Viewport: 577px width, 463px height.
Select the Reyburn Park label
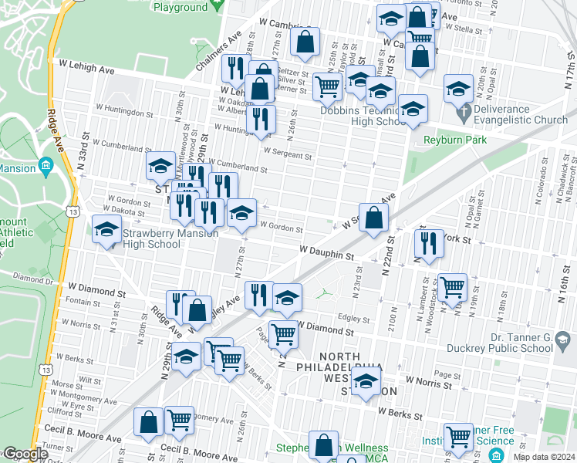click(x=455, y=140)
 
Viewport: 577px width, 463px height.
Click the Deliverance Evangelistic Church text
click(x=521, y=114)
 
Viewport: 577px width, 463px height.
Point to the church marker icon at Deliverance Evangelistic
click(x=463, y=115)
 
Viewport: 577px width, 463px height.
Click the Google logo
click(x=25, y=455)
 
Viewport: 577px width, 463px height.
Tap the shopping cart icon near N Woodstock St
click(x=452, y=286)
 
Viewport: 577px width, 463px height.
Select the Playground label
click(x=181, y=7)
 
